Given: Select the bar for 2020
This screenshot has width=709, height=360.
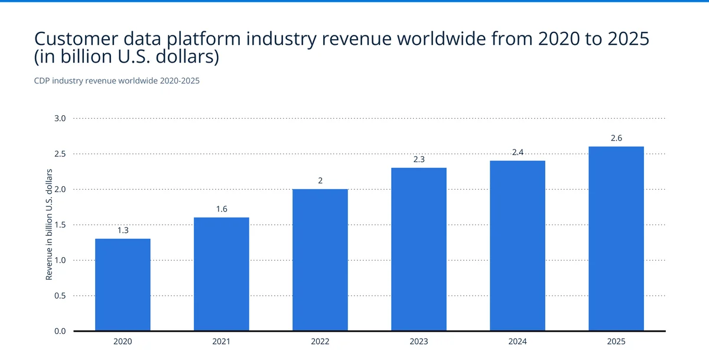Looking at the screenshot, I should pos(123,284).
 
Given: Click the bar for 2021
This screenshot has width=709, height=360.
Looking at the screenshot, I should pos(222,274).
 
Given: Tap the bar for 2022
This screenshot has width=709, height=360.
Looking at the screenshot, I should pos(320,260).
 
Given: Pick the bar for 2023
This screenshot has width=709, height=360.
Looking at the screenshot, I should pos(419,249).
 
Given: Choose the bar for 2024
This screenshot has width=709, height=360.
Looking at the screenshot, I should pos(518,245).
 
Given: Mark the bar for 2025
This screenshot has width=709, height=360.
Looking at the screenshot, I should pos(616,238).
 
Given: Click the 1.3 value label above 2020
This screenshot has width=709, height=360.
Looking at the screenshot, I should pos(123,231).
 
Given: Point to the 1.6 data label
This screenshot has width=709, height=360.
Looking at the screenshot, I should pos(222,209).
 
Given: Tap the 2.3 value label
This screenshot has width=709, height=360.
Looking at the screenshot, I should pos(419,160).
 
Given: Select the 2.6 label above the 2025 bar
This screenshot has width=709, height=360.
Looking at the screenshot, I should pos(616,138).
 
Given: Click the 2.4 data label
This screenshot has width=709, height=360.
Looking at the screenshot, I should pos(518,153).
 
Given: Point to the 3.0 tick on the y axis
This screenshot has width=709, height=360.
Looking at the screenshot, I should pos(61,118).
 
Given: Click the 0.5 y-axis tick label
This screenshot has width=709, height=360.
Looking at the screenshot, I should pos(61,296).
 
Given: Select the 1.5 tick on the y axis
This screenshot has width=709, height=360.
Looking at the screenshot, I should pos(61,225).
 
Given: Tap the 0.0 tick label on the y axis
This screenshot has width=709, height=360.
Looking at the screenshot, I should pos(61,331).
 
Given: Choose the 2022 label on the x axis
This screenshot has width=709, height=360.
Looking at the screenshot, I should pos(320,342).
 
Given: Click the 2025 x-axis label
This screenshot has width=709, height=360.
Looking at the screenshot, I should pos(616,342).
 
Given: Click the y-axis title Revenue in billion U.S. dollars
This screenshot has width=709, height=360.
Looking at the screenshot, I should pos(50,225).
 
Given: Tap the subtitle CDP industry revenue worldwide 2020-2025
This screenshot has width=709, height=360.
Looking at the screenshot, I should pos(117,81).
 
